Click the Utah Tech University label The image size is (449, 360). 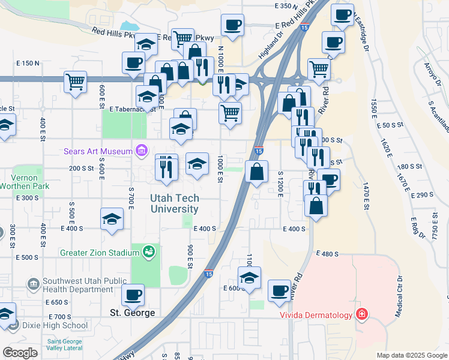point(174,204)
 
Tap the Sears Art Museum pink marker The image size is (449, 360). point(142,151)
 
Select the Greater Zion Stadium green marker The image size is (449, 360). point(148,253)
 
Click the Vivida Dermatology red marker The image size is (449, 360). point(361,314)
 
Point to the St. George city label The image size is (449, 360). point(133,313)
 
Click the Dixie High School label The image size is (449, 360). point(55,326)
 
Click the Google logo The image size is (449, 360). point(20,353)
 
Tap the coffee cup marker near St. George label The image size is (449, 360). point(133,295)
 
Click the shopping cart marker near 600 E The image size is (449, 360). point(76,81)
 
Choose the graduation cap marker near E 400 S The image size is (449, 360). point(112,220)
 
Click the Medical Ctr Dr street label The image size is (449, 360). point(398,298)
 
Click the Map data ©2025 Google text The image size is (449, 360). point(411,355)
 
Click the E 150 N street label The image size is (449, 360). point(28,63)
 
